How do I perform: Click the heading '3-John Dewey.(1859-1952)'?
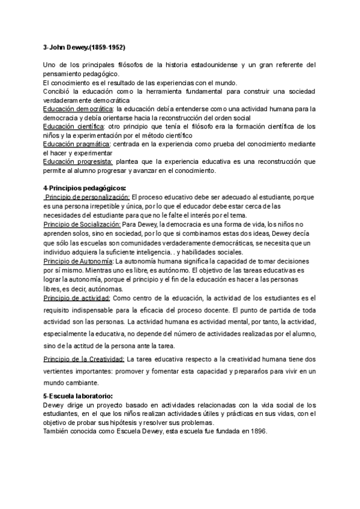[x=85, y=47]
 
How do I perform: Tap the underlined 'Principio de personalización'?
[x=88, y=197]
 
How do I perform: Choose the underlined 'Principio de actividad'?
[x=77, y=298]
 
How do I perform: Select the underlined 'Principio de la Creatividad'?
[x=85, y=359]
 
